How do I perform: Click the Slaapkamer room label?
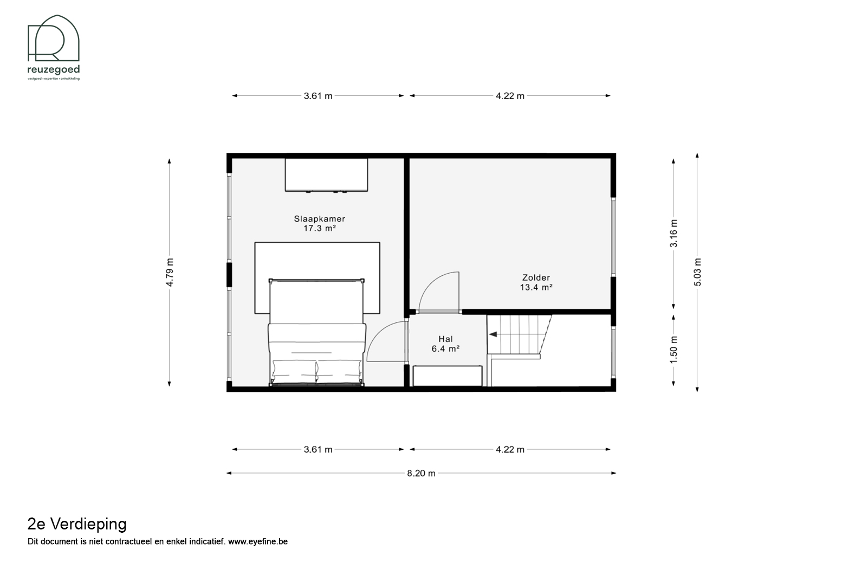point(320,219)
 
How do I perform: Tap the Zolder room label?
point(536,277)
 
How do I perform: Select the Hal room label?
point(445,339)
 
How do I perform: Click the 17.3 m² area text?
point(320,228)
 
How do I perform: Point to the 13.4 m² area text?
point(536,287)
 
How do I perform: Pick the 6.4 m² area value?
point(445,348)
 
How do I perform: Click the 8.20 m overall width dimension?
point(421,474)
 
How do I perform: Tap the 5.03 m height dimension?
point(698,272)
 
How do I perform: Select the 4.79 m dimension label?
point(170,272)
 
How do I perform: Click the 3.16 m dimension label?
point(673,234)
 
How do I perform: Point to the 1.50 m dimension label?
point(673,350)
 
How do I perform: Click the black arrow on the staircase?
point(493,334)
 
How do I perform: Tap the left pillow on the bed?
point(294,371)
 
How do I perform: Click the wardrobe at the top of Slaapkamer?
point(326,174)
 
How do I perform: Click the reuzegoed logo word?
point(54,70)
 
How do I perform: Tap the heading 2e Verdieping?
point(77,524)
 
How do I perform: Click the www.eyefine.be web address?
point(258,541)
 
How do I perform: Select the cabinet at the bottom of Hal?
point(448,376)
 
